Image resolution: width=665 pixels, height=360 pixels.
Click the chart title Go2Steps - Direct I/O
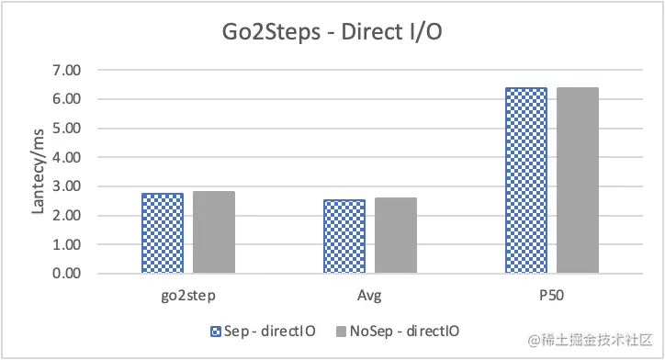(332, 34)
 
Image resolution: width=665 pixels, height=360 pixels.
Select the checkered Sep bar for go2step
(163, 233)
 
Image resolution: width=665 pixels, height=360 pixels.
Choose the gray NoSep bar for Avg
(396, 236)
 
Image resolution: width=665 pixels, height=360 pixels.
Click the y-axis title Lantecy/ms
(39, 173)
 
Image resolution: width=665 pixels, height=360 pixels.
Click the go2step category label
(188, 296)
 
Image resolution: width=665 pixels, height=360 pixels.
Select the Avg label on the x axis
(370, 296)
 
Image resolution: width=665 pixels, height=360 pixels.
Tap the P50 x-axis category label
(552, 296)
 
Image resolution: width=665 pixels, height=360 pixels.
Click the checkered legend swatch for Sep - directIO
(217, 331)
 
